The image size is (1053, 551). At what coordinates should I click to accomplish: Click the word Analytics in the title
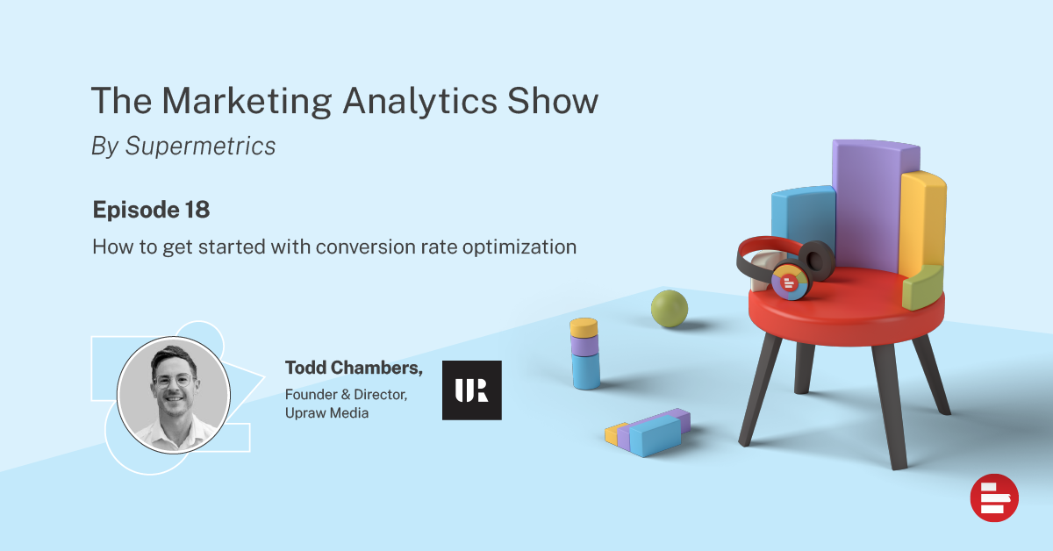419,101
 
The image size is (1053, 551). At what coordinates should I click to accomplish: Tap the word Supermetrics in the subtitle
200,146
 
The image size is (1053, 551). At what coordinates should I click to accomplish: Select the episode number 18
197,210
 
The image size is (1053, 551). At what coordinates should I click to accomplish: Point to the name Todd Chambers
354,368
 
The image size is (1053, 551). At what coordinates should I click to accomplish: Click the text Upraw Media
326,412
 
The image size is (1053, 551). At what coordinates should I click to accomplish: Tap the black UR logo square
472,390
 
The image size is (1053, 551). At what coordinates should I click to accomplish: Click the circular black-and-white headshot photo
174,395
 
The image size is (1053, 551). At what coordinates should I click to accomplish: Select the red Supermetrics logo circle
994,497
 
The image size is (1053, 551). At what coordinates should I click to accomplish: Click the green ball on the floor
670,309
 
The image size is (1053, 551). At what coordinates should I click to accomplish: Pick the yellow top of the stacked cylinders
584,327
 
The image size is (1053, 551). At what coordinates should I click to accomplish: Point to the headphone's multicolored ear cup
790,283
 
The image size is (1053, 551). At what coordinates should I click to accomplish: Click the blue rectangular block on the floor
655,436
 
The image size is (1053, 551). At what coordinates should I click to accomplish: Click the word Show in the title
553,101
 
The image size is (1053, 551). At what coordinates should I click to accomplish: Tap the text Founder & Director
346,395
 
